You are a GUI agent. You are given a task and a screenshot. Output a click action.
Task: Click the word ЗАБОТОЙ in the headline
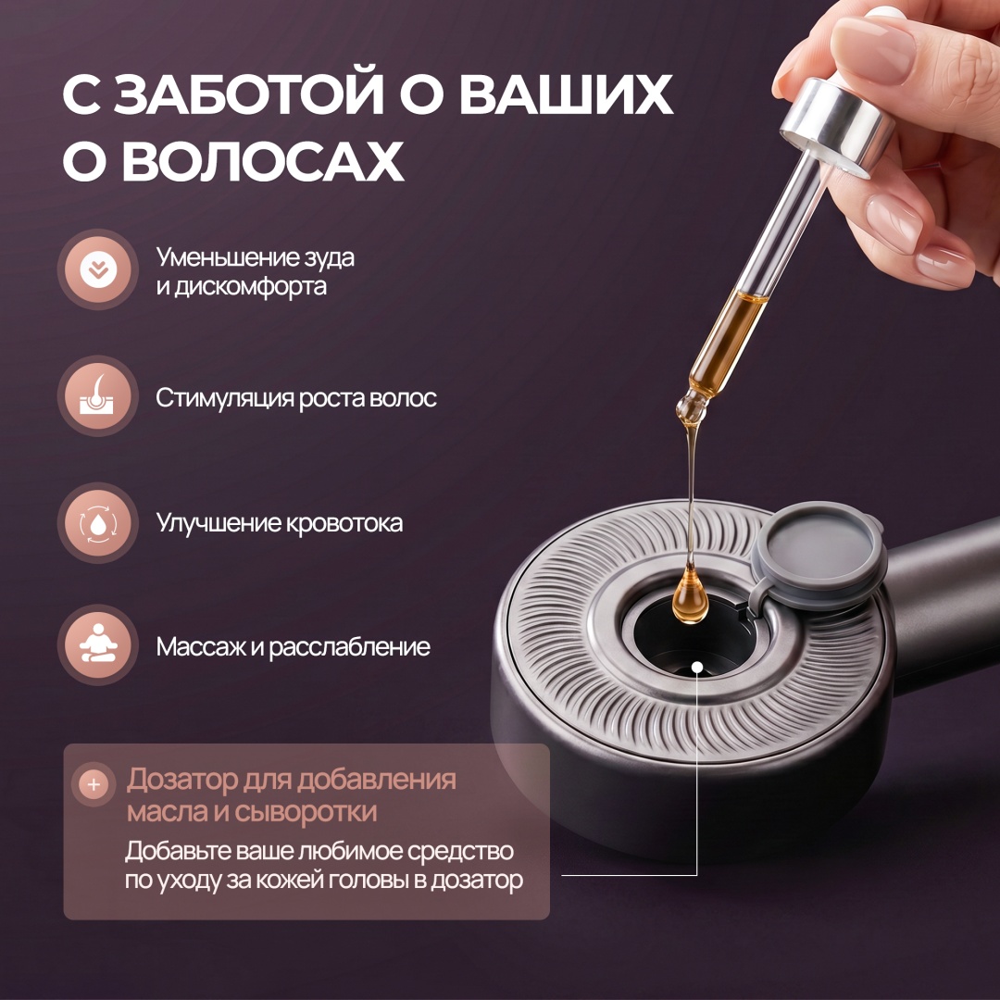click(x=249, y=95)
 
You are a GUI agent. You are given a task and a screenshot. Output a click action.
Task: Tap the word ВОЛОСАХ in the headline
click(x=263, y=161)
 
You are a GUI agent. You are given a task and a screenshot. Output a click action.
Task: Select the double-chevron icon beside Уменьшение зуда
click(x=98, y=269)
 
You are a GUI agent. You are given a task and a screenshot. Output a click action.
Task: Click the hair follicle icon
click(x=97, y=396)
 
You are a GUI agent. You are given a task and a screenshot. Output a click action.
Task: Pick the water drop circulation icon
click(x=98, y=523)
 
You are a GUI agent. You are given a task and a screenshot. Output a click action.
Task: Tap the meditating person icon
click(x=98, y=644)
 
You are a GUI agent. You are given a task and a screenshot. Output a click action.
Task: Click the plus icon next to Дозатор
click(x=94, y=784)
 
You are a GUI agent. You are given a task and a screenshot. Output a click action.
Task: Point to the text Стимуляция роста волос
click(x=296, y=398)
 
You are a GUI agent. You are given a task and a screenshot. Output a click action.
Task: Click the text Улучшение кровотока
click(x=280, y=523)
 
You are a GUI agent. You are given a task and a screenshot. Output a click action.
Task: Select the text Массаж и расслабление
click(x=294, y=646)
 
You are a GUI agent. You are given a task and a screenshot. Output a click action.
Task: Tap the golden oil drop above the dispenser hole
click(x=690, y=595)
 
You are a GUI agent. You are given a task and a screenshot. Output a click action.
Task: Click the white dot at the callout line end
click(x=697, y=668)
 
